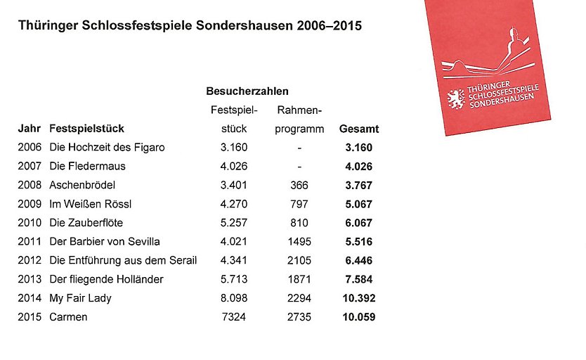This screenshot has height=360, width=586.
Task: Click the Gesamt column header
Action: point(358,129)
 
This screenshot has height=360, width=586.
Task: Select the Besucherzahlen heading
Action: point(247,92)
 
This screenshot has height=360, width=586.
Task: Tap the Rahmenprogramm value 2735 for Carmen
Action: point(299,317)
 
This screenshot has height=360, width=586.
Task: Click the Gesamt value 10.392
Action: point(358,298)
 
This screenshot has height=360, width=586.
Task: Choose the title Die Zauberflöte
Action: point(86,223)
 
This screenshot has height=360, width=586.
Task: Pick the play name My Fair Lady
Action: point(81,298)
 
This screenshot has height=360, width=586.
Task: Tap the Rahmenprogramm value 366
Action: point(299,186)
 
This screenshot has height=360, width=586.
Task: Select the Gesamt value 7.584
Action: point(358,279)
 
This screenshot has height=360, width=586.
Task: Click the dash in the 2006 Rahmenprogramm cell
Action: point(299,148)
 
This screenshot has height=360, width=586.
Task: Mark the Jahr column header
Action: point(29,129)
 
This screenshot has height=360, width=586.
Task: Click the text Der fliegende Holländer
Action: point(106,279)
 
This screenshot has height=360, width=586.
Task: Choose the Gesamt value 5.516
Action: point(358,242)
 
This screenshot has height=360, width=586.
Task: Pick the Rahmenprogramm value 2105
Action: point(299,261)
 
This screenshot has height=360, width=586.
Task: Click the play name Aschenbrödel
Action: point(82,186)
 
